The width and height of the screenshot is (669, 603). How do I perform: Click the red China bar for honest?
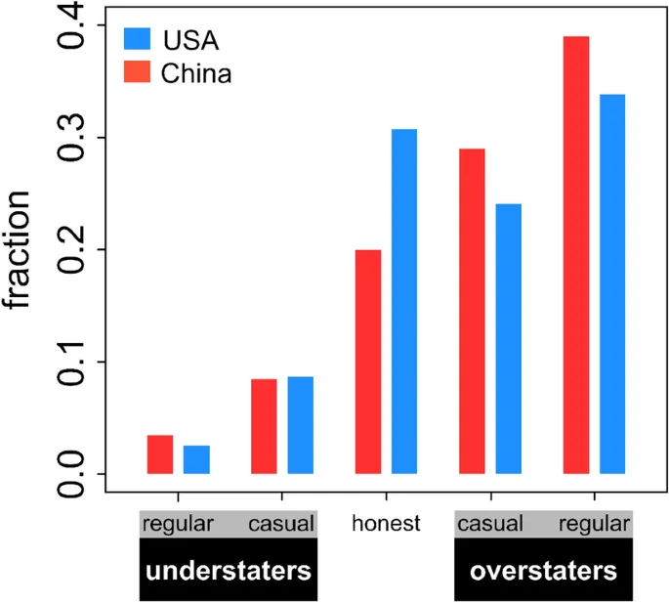pyautogui.click(x=367, y=362)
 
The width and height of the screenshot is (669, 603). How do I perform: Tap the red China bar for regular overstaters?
pyautogui.click(x=576, y=255)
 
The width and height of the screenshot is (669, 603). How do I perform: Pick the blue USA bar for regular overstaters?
pyautogui.click(x=612, y=284)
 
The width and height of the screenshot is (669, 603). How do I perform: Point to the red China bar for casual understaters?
pyautogui.click(x=264, y=426)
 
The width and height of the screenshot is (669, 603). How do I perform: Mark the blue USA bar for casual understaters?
pyautogui.click(x=300, y=425)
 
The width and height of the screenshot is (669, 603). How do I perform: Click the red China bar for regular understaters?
pyautogui.click(x=160, y=454)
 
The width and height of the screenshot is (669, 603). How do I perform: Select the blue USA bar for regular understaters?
pyautogui.click(x=196, y=459)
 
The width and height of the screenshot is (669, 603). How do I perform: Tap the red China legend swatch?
pyautogui.click(x=137, y=72)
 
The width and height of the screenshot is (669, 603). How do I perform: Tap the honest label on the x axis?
pyautogui.click(x=387, y=523)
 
